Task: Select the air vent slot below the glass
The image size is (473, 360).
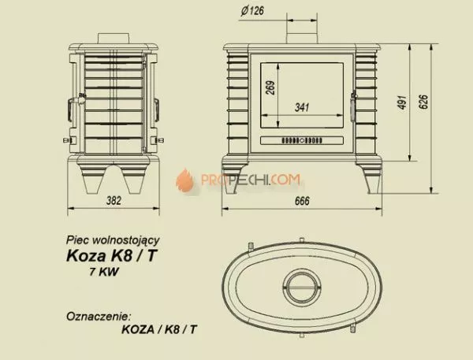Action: coord(300,142)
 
